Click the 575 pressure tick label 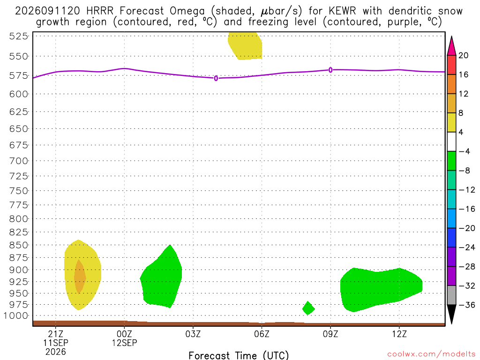[x=18, y=75]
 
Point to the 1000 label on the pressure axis [x=16, y=315]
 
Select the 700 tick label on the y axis [x=18, y=161]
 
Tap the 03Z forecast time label [x=193, y=334]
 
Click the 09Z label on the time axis [x=330, y=334]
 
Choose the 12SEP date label [x=124, y=343]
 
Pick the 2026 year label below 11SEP [x=55, y=352]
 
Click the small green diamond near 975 [x=308, y=308]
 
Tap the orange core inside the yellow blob [x=80, y=277]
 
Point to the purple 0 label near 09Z [x=330, y=70]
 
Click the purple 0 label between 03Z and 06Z [x=216, y=78]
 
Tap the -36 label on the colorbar [x=466, y=305]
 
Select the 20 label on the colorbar [x=464, y=55]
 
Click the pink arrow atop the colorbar [x=451, y=45]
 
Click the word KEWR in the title [x=342, y=11]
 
